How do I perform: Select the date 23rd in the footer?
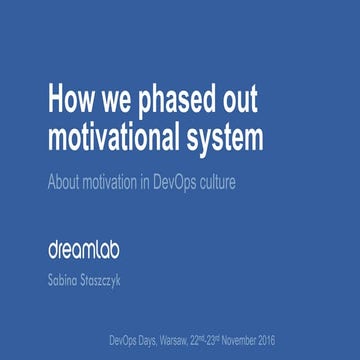(248, 339)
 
